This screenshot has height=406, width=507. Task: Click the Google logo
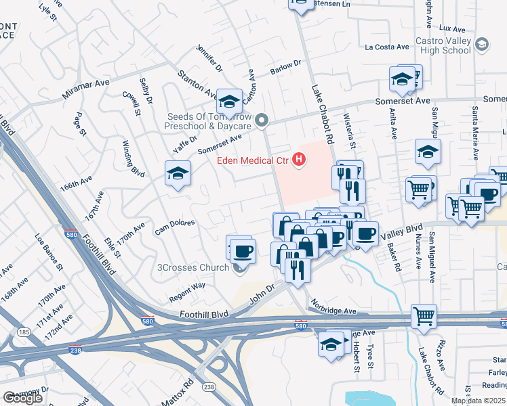point(22,398)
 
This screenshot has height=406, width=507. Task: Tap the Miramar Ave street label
point(85,89)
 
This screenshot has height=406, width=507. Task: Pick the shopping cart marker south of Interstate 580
point(424,316)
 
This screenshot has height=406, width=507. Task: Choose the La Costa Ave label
point(387,47)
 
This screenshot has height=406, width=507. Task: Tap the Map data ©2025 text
point(479,401)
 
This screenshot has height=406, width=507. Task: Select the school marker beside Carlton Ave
point(229,101)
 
